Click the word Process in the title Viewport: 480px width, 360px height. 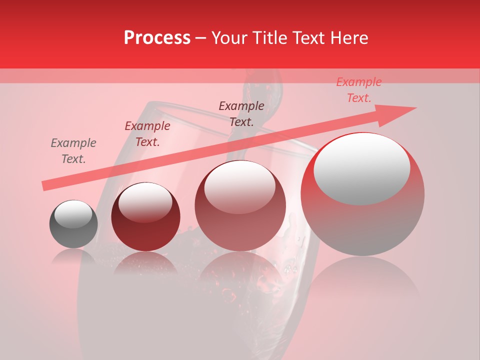[157, 38]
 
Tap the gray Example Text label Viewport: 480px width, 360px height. [73, 151]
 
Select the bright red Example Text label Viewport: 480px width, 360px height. [358, 90]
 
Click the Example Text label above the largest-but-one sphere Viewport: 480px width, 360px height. [241, 113]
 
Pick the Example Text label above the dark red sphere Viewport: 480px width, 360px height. [147, 134]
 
